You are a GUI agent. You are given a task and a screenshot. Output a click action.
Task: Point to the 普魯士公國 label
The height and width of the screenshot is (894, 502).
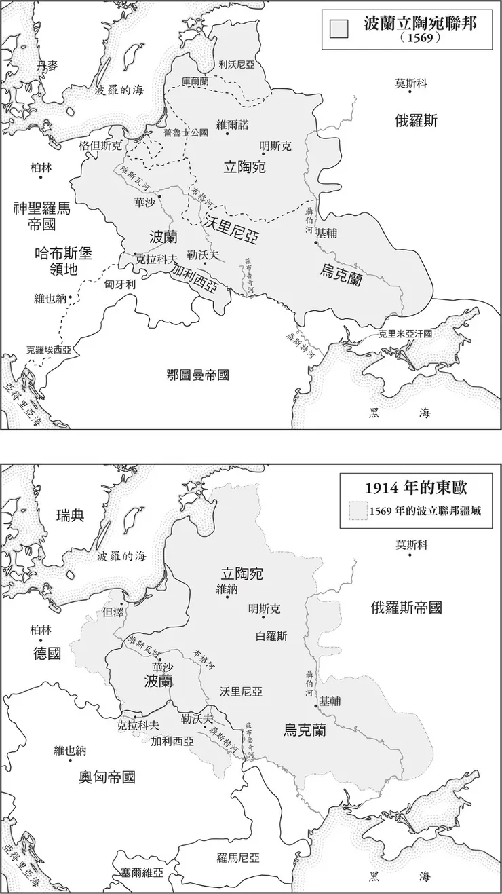(185, 132)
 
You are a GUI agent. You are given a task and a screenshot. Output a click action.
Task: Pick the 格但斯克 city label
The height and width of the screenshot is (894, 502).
(100, 145)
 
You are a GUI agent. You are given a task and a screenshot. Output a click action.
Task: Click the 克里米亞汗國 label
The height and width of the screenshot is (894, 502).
(405, 334)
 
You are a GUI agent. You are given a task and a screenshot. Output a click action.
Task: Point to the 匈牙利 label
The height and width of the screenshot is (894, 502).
(121, 284)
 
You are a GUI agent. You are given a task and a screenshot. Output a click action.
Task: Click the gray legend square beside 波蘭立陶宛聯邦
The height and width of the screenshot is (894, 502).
(338, 28)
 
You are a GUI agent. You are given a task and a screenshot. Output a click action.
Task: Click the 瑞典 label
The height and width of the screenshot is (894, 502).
(71, 515)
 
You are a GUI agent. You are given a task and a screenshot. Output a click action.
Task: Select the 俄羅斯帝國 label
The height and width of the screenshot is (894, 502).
(406, 608)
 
